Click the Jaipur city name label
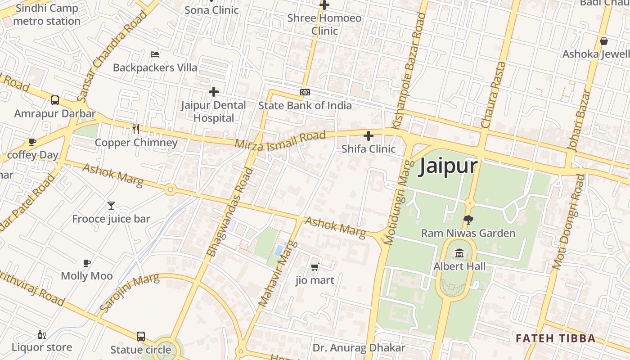click(x=448, y=166)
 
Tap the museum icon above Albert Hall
click(x=459, y=254)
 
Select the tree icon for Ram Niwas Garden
click(x=468, y=220)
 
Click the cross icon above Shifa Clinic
click(x=369, y=135)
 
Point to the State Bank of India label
click(x=305, y=105)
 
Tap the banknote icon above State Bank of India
click(x=305, y=92)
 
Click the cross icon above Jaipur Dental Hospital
click(x=214, y=92)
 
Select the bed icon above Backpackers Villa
click(x=155, y=54)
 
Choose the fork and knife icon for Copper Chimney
click(x=136, y=129)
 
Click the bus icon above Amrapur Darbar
click(x=55, y=100)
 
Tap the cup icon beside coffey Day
click(x=32, y=142)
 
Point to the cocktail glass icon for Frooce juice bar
click(x=111, y=206)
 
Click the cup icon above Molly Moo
click(x=87, y=263)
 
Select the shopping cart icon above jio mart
click(x=315, y=267)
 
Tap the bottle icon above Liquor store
click(x=41, y=334)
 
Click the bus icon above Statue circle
click(x=141, y=337)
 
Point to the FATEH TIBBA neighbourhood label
click(x=556, y=338)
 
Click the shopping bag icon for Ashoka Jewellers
click(x=604, y=41)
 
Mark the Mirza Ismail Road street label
click(x=280, y=139)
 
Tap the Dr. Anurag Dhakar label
click(x=359, y=348)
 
